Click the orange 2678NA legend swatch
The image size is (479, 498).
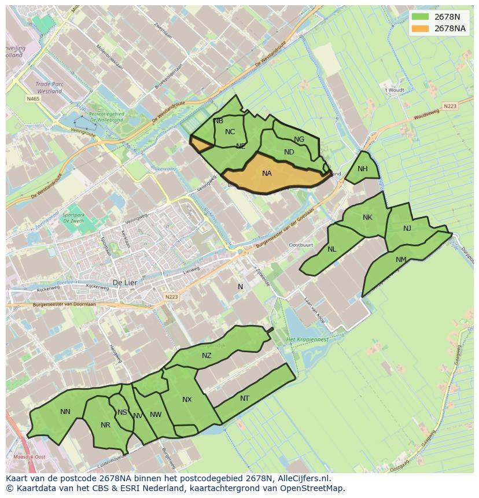point(421,28)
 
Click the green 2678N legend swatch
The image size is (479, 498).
point(421,16)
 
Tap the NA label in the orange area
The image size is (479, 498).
point(267,174)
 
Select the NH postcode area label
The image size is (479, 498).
point(363,169)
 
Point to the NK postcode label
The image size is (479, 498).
point(367,217)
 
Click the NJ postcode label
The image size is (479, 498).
point(407,228)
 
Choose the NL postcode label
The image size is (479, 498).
point(331,249)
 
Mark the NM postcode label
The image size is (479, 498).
point(401,260)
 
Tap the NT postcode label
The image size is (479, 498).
point(245,399)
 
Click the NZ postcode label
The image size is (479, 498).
point(207,356)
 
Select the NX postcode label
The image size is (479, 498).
point(187,400)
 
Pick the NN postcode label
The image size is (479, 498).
point(65,412)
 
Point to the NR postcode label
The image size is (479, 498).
point(105,425)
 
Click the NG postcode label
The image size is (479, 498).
point(299,139)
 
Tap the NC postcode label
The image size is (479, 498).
point(230,132)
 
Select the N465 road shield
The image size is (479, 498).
point(33,99)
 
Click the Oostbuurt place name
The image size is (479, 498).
point(300,245)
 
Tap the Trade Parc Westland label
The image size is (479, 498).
point(49,87)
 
